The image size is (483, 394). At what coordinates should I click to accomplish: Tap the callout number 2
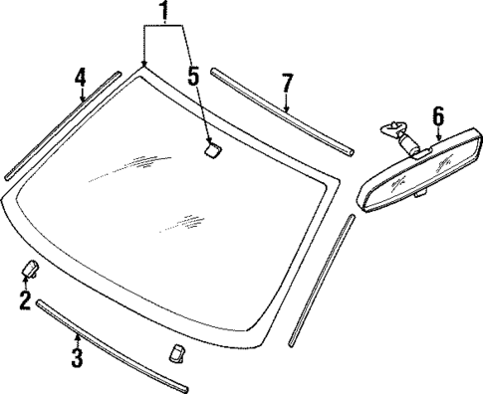click(25, 299)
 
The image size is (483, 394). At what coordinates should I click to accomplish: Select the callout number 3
click(76, 356)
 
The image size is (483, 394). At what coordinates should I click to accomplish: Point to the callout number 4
click(81, 77)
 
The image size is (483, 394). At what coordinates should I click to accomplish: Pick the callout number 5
click(192, 75)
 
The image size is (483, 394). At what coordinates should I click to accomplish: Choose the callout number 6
click(437, 115)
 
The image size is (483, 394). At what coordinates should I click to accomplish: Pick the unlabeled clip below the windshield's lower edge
click(177, 353)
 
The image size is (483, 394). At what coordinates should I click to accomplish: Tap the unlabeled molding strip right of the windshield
click(324, 274)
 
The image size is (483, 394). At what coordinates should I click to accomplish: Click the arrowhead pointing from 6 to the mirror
click(437, 147)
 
